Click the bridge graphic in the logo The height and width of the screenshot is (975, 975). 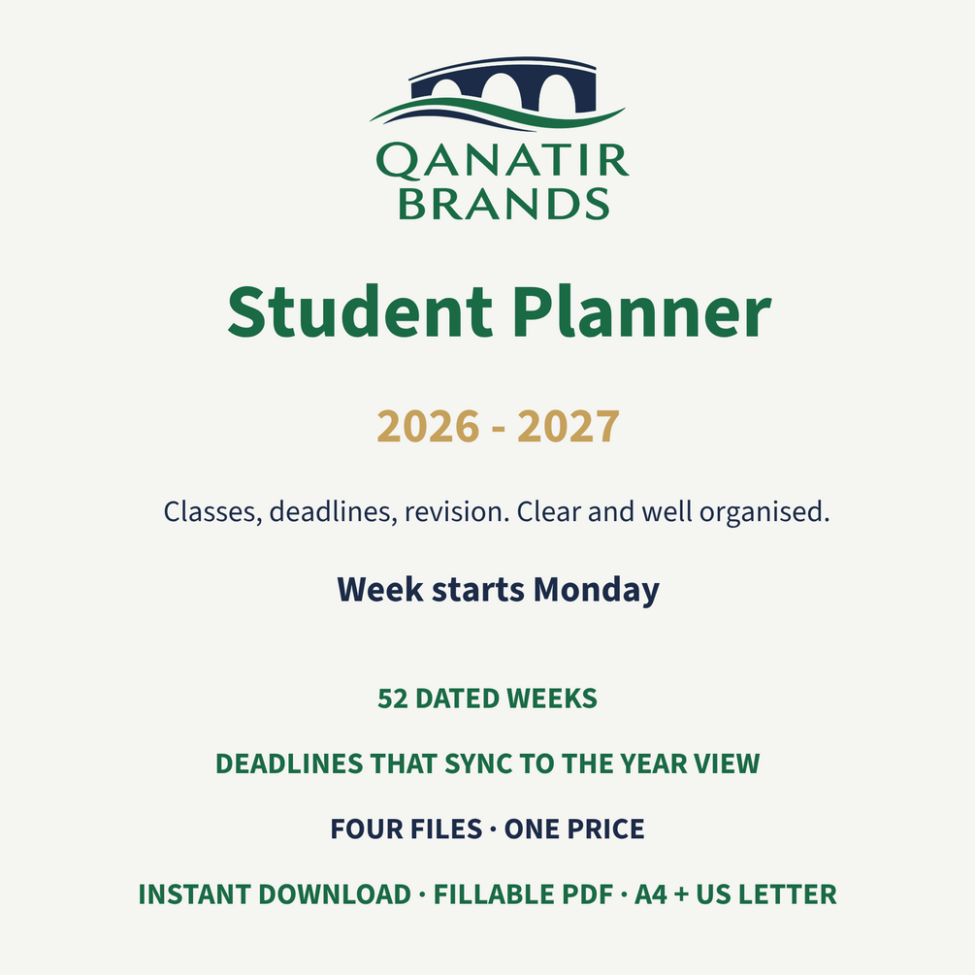[498, 93]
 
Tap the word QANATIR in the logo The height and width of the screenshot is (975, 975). [503, 161]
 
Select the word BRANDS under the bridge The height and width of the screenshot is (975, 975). [504, 204]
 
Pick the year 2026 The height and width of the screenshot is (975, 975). [429, 427]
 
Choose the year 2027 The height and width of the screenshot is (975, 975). [569, 427]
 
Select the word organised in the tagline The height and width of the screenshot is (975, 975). [764, 512]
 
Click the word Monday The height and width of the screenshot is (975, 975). [597, 590]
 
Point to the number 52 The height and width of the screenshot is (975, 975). [393, 699]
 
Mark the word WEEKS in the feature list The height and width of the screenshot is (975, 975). [552, 699]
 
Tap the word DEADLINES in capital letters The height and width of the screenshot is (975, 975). [289, 764]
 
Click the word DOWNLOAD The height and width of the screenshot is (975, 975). [335, 894]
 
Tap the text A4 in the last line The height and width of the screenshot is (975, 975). [651, 894]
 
